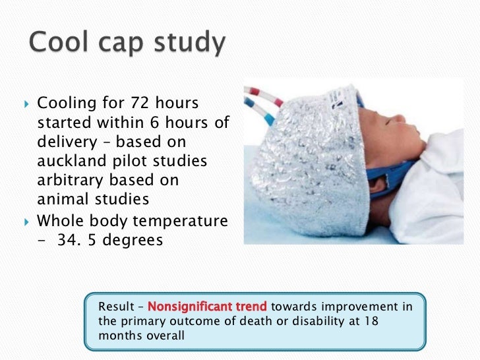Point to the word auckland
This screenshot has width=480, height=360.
click(x=69, y=161)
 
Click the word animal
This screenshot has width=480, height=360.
click(x=61, y=198)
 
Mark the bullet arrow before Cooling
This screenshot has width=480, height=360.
click(x=26, y=104)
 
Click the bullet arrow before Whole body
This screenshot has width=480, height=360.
click(x=26, y=221)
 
